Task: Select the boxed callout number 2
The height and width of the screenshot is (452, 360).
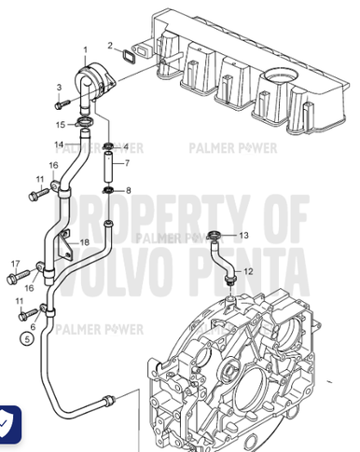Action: point(108,44)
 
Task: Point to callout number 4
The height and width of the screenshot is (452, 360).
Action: point(127,146)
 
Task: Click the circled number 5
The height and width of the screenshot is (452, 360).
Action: point(28,340)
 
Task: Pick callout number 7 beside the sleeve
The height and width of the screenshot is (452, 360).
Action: point(129,163)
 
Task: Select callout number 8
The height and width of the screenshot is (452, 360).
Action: point(129,190)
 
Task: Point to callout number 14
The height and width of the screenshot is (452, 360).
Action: point(58,144)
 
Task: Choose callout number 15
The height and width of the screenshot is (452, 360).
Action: point(58,124)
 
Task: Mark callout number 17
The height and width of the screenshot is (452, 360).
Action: point(16,264)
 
